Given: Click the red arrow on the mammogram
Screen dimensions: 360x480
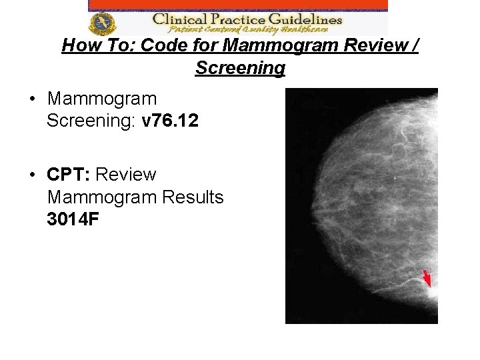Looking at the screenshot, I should (x=427, y=277).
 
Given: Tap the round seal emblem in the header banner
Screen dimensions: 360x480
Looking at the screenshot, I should (x=103, y=23).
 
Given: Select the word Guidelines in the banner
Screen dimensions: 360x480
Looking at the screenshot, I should (x=308, y=19).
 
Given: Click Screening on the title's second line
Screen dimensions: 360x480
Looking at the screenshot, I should (x=240, y=68).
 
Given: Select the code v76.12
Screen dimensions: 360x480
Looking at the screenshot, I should (x=170, y=121).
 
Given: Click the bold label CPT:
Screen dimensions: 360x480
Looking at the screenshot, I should (x=69, y=175).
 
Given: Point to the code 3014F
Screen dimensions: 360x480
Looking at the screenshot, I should (x=73, y=220).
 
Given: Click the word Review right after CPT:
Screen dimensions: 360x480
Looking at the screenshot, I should (x=126, y=175).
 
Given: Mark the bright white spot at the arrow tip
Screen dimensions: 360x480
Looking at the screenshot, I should (x=432, y=292).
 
